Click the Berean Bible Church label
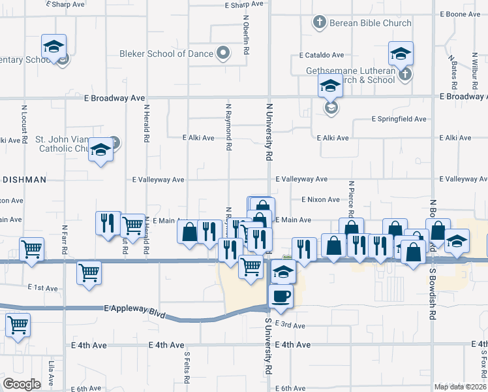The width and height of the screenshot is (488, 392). pyautogui.click(x=369, y=23)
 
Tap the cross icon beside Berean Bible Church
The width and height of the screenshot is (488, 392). pyautogui.click(x=319, y=23)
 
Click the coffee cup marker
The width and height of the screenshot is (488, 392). pyautogui.click(x=281, y=296)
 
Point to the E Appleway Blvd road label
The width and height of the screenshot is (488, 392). pyautogui.click(x=132, y=308)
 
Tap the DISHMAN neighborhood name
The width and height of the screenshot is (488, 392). pyautogui.click(x=23, y=179)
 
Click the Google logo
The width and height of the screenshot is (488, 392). pyautogui.click(x=22, y=384)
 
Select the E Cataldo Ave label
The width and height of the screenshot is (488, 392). pyautogui.click(x=322, y=56)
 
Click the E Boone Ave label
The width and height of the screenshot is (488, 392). pyautogui.click(x=460, y=14)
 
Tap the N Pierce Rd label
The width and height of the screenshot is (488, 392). pyautogui.click(x=350, y=198)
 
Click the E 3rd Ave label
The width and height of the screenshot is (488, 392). pyautogui.click(x=290, y=325)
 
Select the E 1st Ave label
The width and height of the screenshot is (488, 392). pyautogui.click(x=43, y=287)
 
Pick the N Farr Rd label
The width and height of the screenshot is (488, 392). pyautogui.click(x=65, y=240)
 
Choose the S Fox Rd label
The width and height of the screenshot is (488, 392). pyautogui.click(x=483, y=366)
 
